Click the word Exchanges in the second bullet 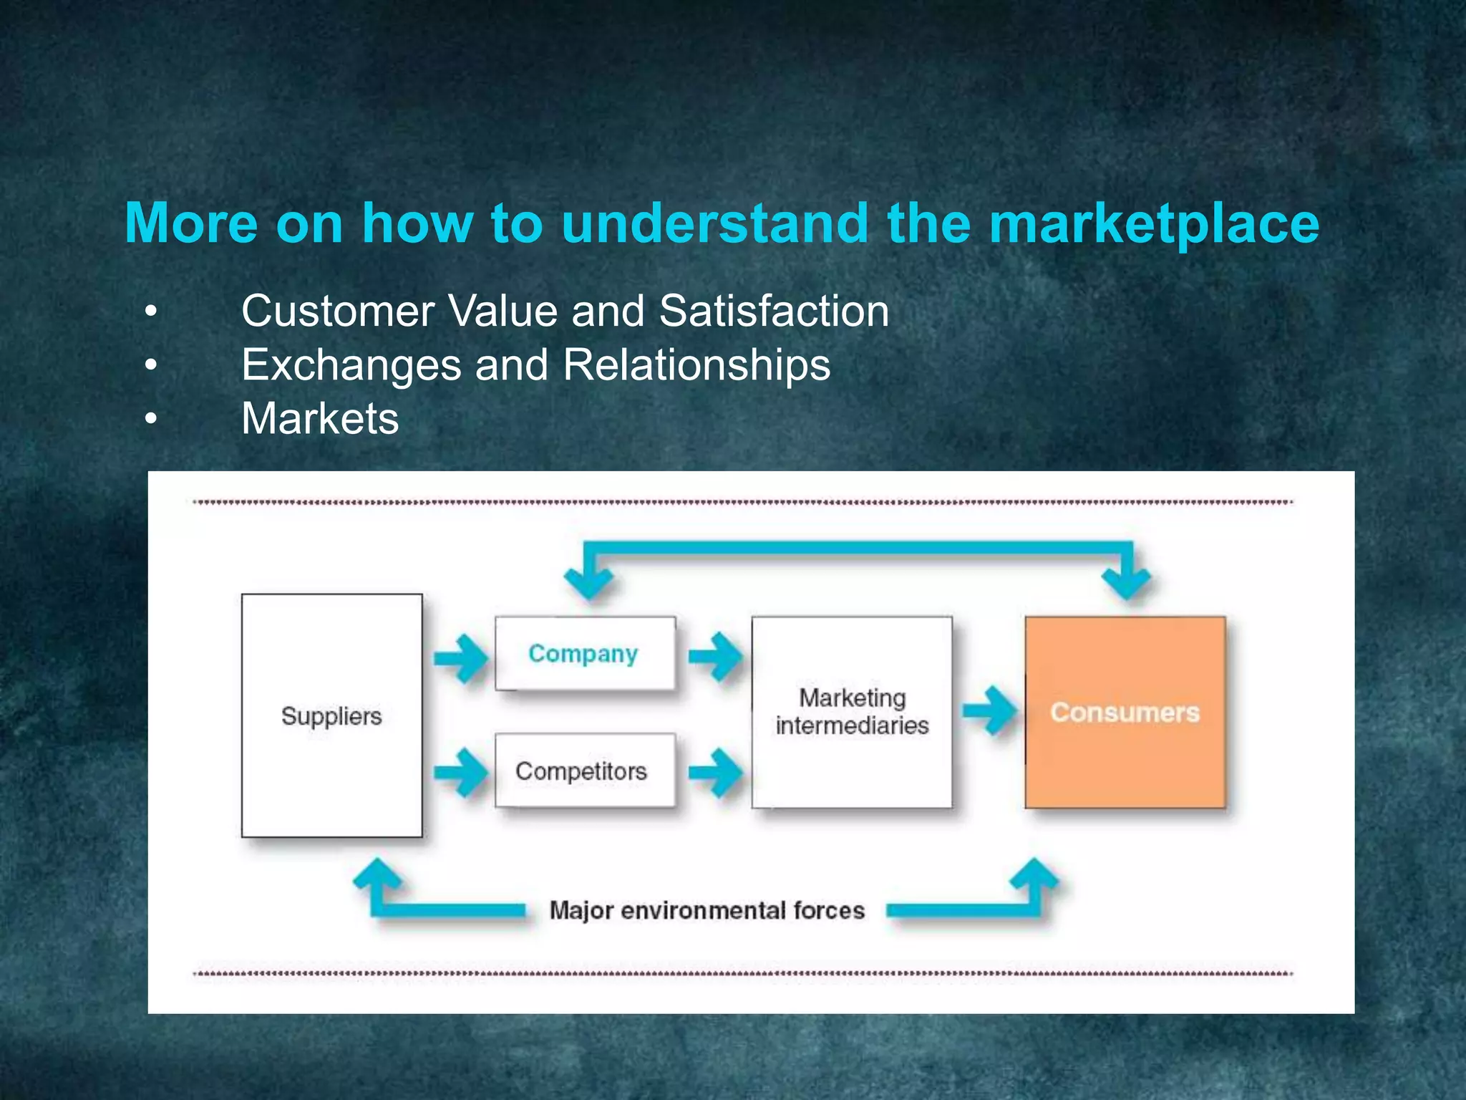[351, 365]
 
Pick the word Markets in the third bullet [320, 419]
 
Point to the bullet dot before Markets [150, 419]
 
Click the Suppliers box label [331, 716]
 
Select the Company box [584, 653]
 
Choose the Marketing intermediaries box [851, 712]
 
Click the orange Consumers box [1125, 712]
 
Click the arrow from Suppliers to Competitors [460, 773]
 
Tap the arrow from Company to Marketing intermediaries [715, 656]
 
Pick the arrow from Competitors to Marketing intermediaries [715, 773]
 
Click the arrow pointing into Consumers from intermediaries [989, 710]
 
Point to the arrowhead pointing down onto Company [588, 582]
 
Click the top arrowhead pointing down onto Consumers [1127, 582]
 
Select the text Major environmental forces [707, 911]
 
